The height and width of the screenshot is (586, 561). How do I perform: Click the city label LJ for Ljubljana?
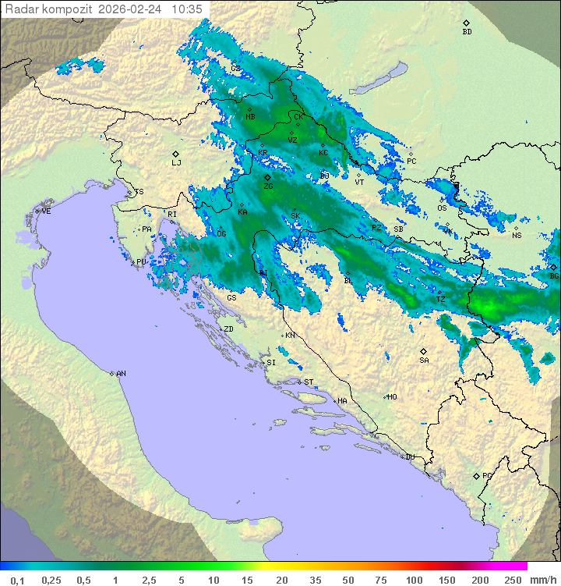[176, 163]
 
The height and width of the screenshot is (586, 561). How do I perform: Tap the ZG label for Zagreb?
[268, 187]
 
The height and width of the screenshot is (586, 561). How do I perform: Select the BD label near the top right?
[467, 32]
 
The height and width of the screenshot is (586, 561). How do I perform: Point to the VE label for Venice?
[46, 211]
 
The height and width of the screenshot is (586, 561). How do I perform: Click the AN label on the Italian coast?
[121, 374]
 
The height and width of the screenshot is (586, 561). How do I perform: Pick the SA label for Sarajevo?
[424, 360]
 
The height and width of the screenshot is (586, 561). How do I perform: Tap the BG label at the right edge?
[554, 276]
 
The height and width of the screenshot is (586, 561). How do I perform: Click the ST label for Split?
[309, 382]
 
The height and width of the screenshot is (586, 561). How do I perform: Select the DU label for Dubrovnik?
[409, 457]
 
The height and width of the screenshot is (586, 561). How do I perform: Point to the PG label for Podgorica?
[487, 475]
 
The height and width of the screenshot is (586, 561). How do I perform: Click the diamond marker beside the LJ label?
[176, 154]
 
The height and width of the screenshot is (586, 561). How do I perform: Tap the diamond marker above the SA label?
[424, 351]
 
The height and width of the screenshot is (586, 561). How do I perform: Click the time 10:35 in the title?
[187, 9]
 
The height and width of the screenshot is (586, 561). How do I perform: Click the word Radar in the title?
[21, 9]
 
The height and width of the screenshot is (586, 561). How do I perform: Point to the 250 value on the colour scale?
[512, 580]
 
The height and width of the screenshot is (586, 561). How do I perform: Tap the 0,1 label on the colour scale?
[17, 580]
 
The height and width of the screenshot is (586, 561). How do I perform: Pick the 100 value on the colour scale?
[414, 580]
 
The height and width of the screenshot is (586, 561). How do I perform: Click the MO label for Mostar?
[393, 397]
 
